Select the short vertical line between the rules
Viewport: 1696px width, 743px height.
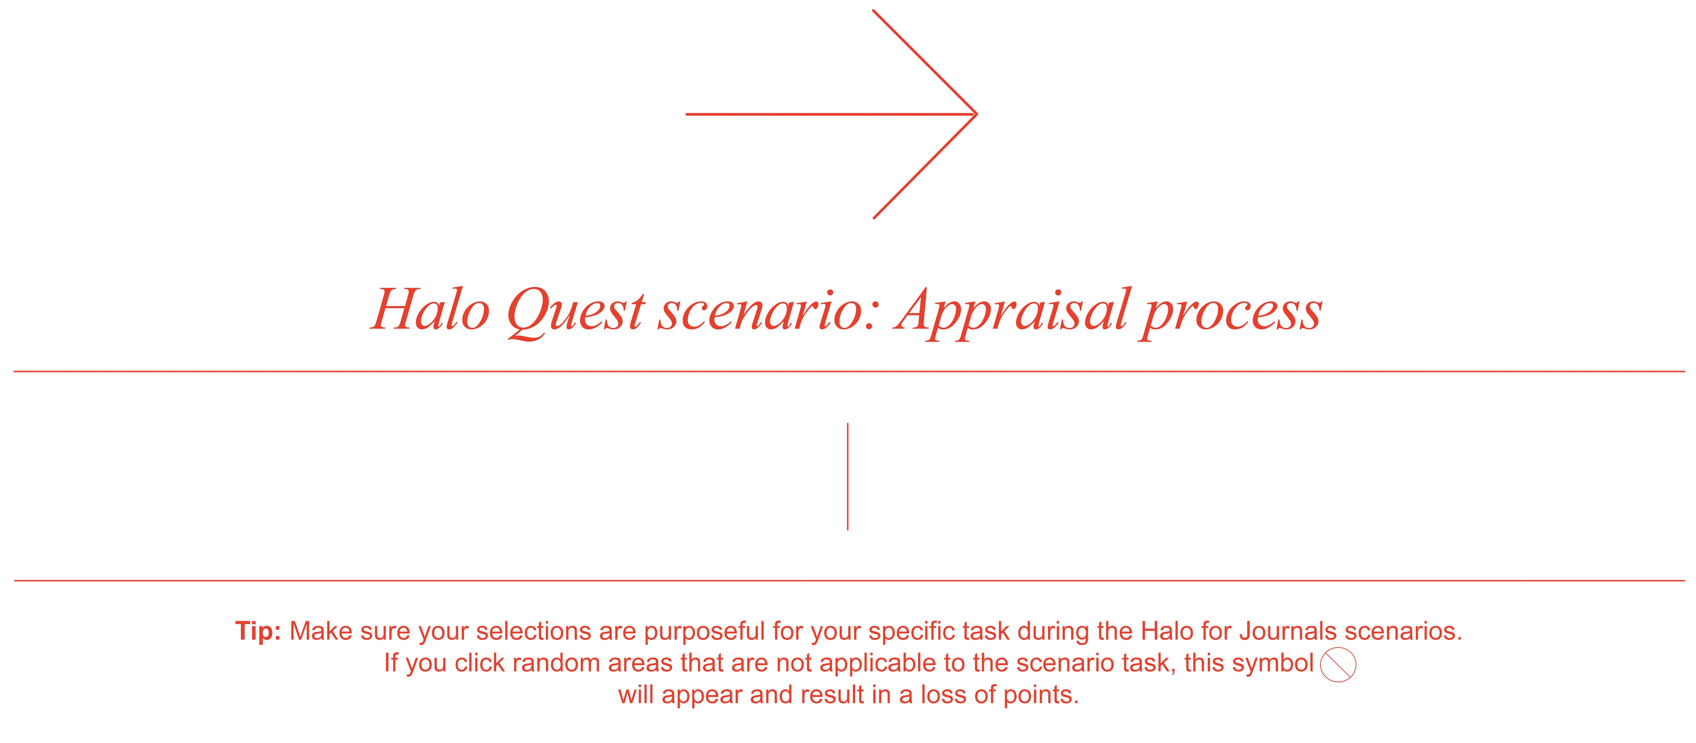pos(847,476)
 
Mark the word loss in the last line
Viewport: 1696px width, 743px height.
pos(944,695)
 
